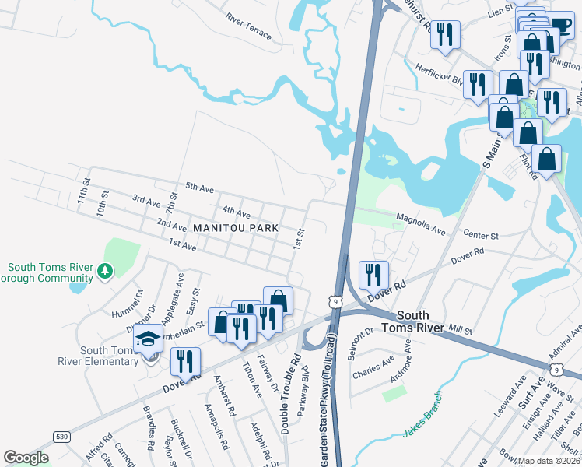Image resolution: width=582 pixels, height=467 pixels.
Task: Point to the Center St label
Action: pos(480,233)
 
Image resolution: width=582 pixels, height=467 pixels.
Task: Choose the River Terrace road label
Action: pos(248,26)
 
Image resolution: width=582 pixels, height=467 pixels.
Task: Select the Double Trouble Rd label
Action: pos(290,395)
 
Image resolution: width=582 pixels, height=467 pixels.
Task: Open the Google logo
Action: pos(26,458)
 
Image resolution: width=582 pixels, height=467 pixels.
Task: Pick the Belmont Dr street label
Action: pos(363,339)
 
